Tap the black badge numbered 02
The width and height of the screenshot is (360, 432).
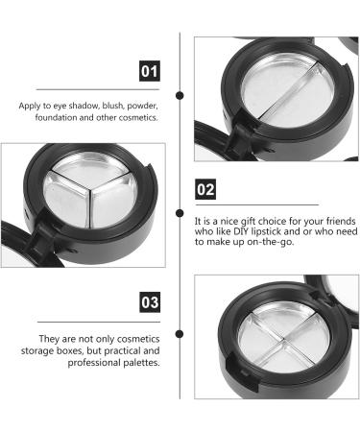click(x=205, y=189)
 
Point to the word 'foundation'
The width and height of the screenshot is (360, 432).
click(x=41, y=118)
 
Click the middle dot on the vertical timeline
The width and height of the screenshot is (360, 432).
click(x=182, y=209)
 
